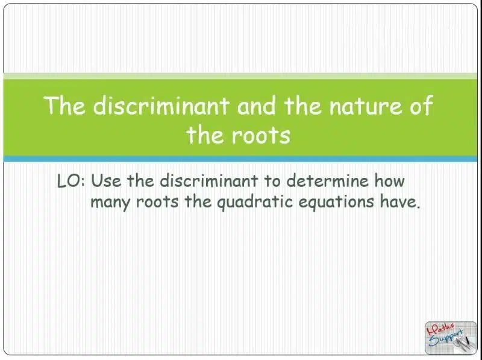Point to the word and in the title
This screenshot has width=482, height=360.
point(257,106)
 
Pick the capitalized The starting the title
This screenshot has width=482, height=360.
point(65,106)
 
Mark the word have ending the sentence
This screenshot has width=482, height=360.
point(397,202)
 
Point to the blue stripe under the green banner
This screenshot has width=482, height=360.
point(241,159)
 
